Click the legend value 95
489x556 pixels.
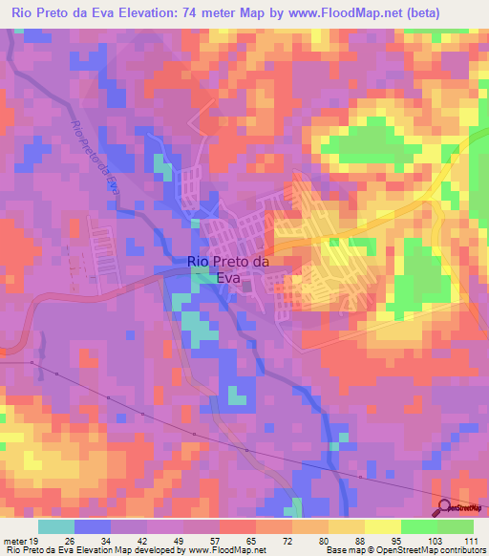tap(398, 542)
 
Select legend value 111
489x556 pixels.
tap(471, 542)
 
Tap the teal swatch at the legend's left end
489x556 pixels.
tap(56, 526)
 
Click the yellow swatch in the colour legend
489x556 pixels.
tap(383, 526)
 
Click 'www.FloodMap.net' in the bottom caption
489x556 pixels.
tap(223, 550)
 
